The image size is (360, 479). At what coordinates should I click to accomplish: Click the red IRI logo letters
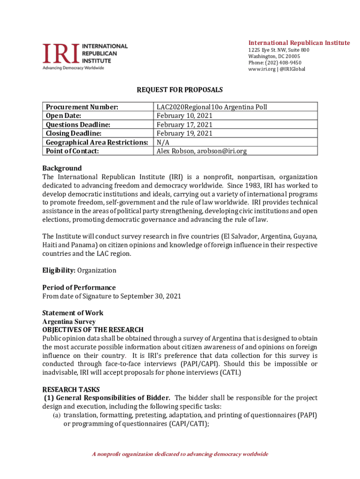(x=61, y=53)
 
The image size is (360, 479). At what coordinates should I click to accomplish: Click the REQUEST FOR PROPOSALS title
(x=180, y=89)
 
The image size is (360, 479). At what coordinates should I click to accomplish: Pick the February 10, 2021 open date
(x=185, y=116)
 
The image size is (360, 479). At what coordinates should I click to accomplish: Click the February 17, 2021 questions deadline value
(x=185, y=124)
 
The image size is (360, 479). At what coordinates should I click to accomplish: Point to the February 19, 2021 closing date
(x=185, y=133)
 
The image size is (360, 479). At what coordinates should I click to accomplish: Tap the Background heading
(x=62, y=168)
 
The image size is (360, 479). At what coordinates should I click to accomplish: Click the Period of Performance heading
(x=79, y=288)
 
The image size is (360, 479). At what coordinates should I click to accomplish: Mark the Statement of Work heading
(x=72, y=313)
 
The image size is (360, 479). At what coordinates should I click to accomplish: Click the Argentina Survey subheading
(x=69, y=322)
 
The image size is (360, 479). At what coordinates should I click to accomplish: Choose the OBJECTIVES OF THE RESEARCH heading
(x=93, y=330)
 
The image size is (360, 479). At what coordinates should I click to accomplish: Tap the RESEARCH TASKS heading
(x=71, y=390)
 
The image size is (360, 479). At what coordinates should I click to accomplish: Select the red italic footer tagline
(x=180, y=454)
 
